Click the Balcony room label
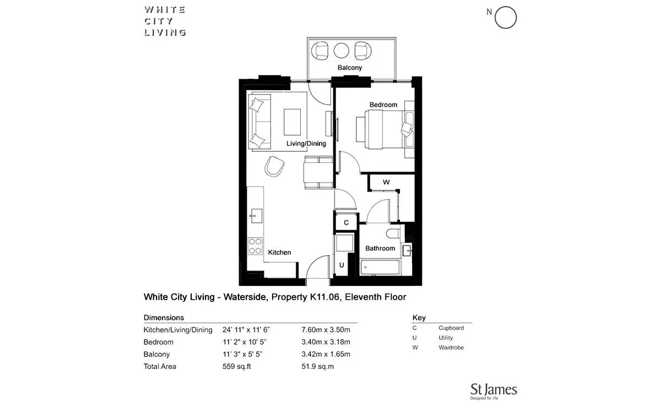coord(350,68)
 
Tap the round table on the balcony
coord(342,51)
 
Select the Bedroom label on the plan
coord(383,104)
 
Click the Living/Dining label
coord(306,144)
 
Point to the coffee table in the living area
coord(292,122)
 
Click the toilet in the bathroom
coord(393,234)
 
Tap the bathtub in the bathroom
coord(381,267)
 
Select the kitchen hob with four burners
coord(255,246)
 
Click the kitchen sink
coord(256,216)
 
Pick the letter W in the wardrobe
coord(386,182)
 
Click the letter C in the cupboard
coord(346,223)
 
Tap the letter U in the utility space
coord(342,265)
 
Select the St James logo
coord(494,391)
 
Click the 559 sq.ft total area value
coord(237,366)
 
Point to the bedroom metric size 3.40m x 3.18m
coord(326,342)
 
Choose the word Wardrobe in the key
coord(451,348)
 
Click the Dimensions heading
coord(164,318)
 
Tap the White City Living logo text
coord(165,21)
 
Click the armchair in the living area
coord(274,167)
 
